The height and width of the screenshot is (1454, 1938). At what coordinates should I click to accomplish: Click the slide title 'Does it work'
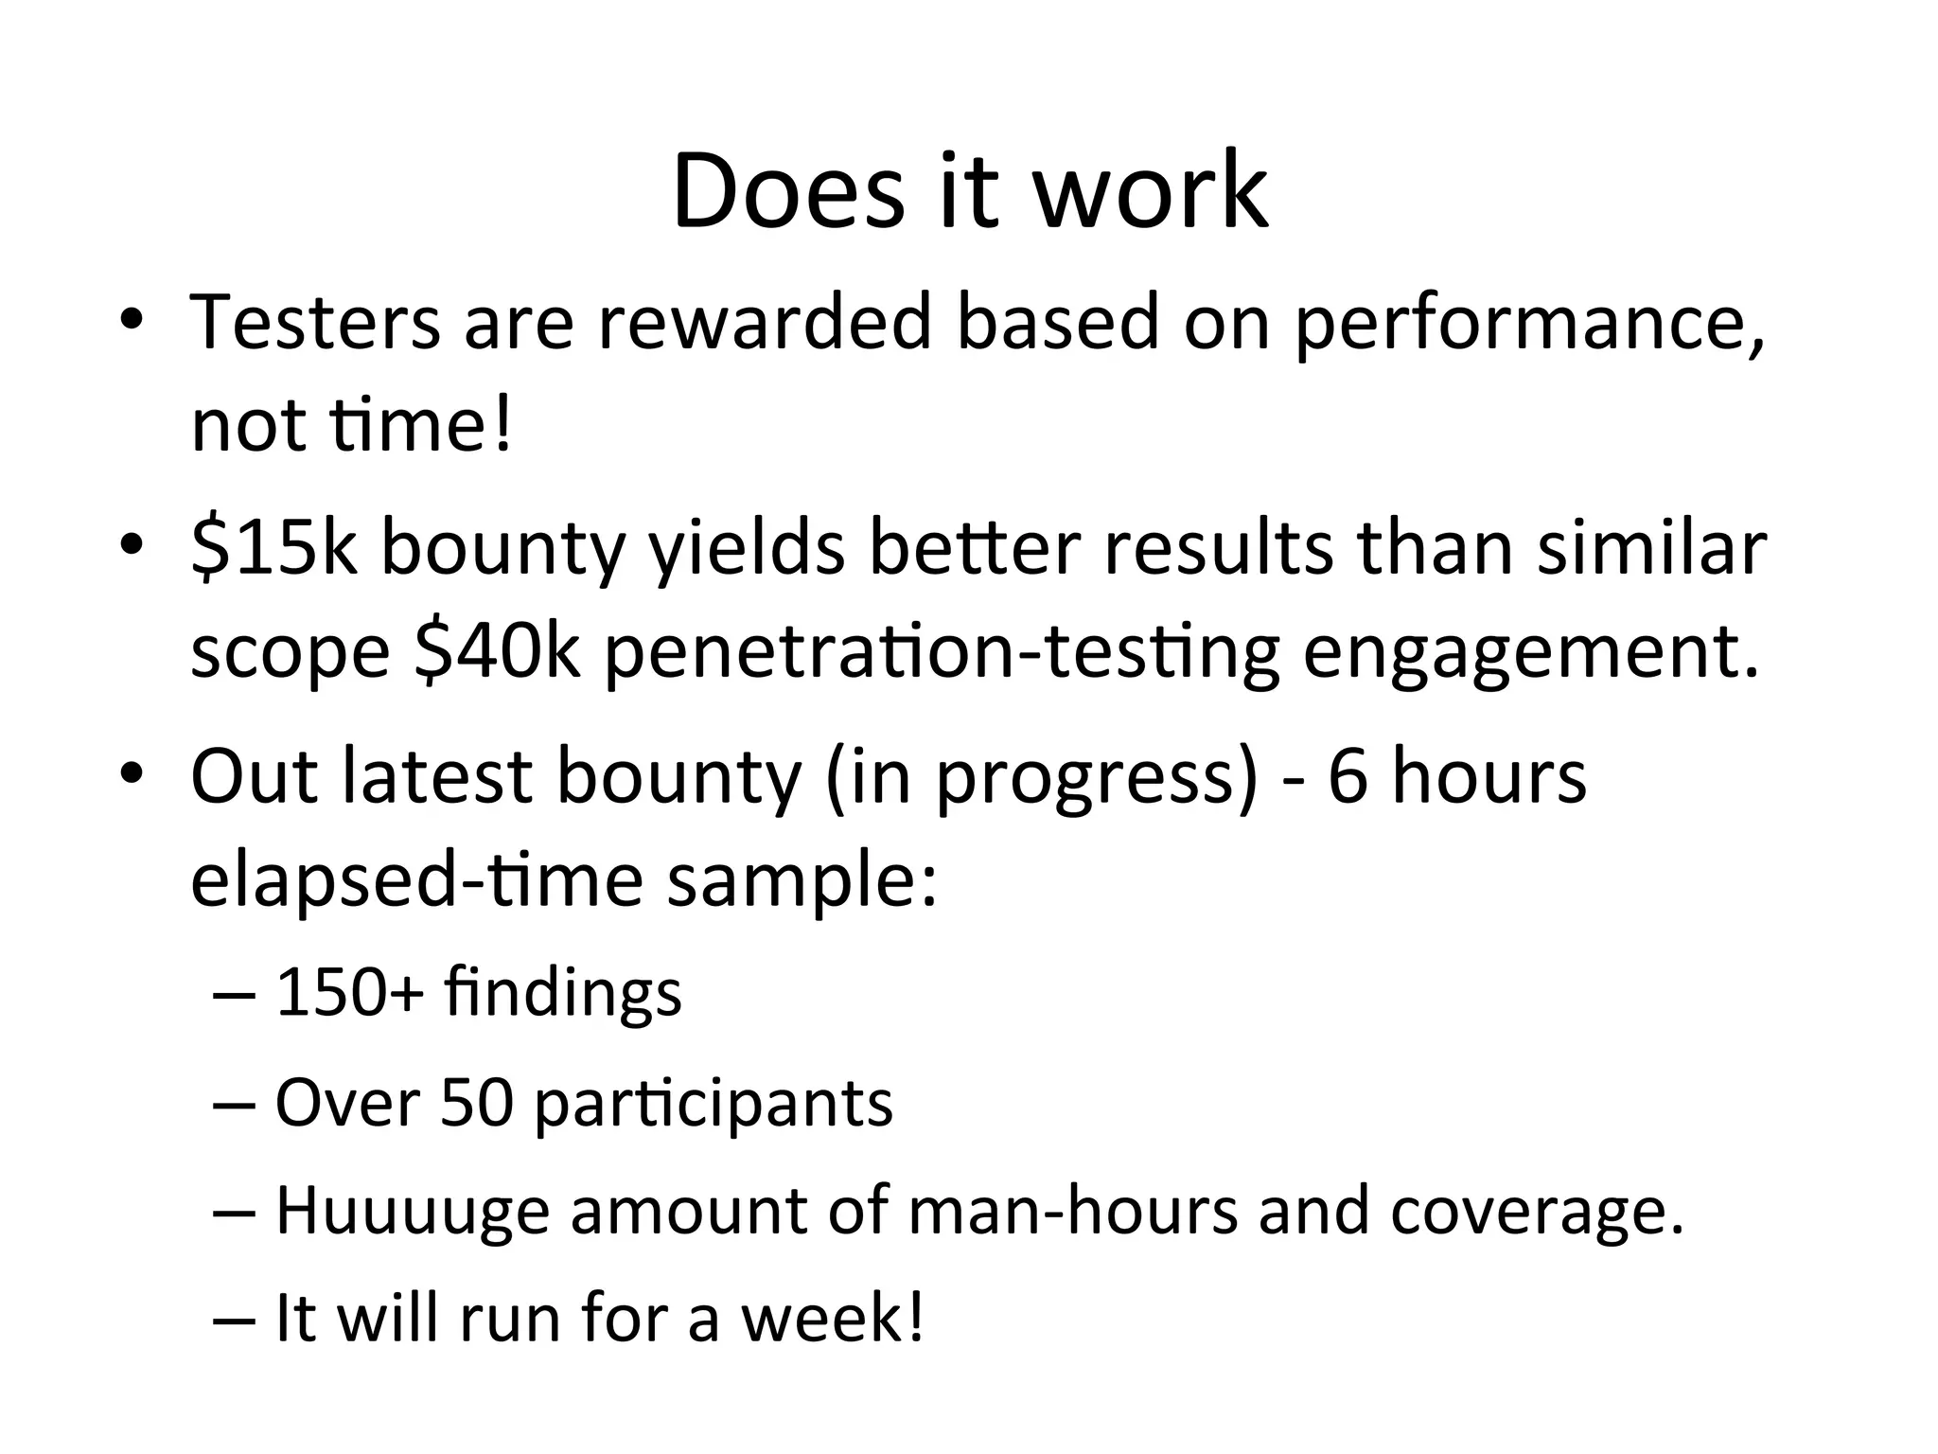point(969,192)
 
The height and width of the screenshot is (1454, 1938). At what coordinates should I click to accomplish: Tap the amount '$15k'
point(273,549)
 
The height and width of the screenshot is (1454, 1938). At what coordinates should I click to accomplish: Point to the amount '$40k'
point(497,653)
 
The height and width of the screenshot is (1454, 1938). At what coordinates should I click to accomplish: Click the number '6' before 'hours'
point(1348,776)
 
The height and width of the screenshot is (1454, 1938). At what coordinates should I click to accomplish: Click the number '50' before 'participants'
point(477,1103)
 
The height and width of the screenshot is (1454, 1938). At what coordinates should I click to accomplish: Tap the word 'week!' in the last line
point(832,1318)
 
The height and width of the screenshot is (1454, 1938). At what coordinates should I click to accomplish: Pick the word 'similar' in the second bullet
point(1651,549)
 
